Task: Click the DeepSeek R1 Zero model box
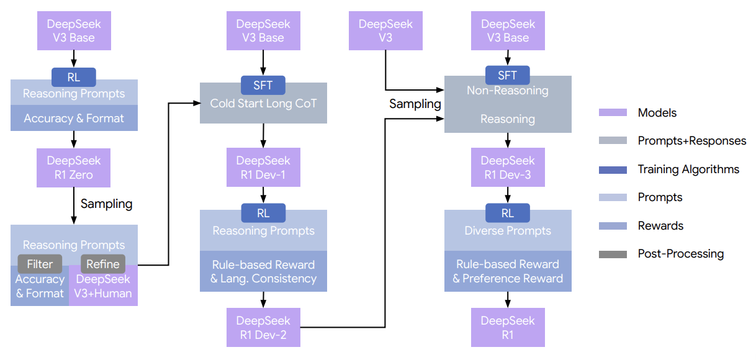coord(74,168)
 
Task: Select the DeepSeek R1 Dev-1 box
coord(263,168)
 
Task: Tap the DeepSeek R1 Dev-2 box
coord(263,328)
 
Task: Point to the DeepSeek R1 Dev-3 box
coord(508,168)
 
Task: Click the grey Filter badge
coord(40,264)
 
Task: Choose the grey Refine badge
coord(103,264)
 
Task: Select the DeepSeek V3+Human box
coord(103,287)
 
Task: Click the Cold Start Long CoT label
coord(263,103)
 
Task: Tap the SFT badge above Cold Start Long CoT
coord(263,85)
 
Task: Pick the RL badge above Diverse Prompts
coord(508,213)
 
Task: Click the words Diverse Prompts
coord(508,230)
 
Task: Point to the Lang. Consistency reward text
coord(268,279)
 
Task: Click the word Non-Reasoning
coord(508,91)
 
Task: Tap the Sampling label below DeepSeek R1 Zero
coord(106,203)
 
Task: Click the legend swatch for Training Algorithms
coord(612,169)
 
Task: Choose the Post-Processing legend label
coord(680,254)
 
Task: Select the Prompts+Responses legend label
coord(691,141)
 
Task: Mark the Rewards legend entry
coord(660,226)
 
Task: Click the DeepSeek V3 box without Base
coord(385,31)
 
